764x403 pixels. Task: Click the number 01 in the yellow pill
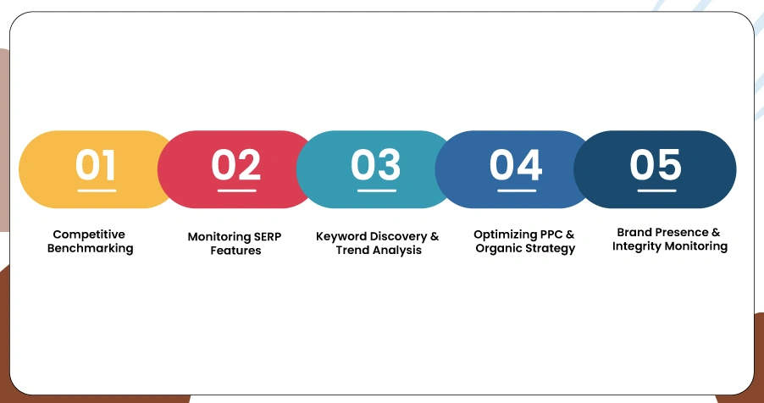pos(96,164)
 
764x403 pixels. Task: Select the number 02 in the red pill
pos(235,164)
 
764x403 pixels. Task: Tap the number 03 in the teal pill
pos(375,164)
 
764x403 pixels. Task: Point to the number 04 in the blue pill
pos(515,164)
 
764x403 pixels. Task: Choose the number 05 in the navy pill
pos(655,164)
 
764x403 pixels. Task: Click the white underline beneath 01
pos(97,190)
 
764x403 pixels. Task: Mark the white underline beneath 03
pos(376,190)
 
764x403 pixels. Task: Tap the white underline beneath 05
pos(656,190)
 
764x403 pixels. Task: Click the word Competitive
pos(89,235)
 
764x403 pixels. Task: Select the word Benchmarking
pos(90,249)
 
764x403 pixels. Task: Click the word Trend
pos(354,251)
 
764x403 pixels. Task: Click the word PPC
pos(555,235)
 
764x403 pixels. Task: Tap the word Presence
pos(685,232)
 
